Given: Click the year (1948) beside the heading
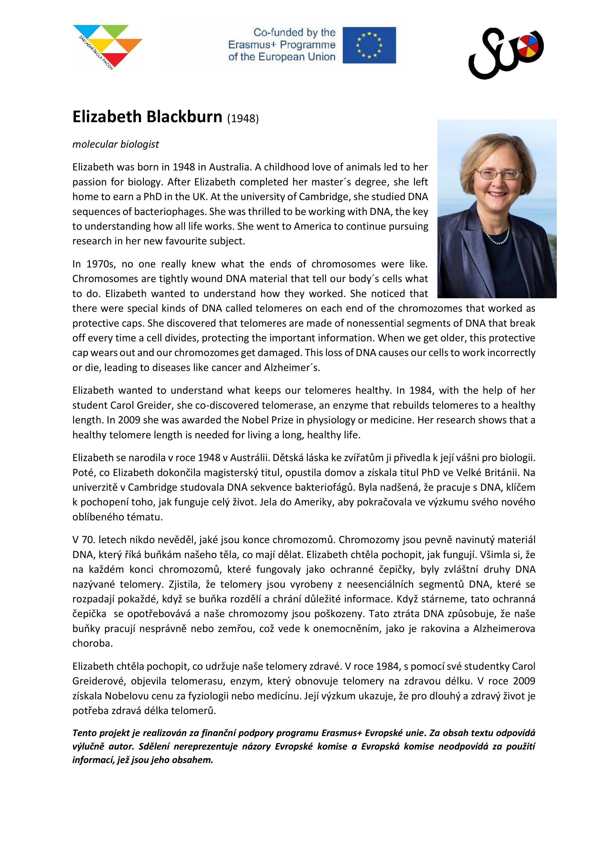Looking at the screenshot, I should [x=243, y=119].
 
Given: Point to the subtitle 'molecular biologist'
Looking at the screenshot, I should [x=116, y=144].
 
